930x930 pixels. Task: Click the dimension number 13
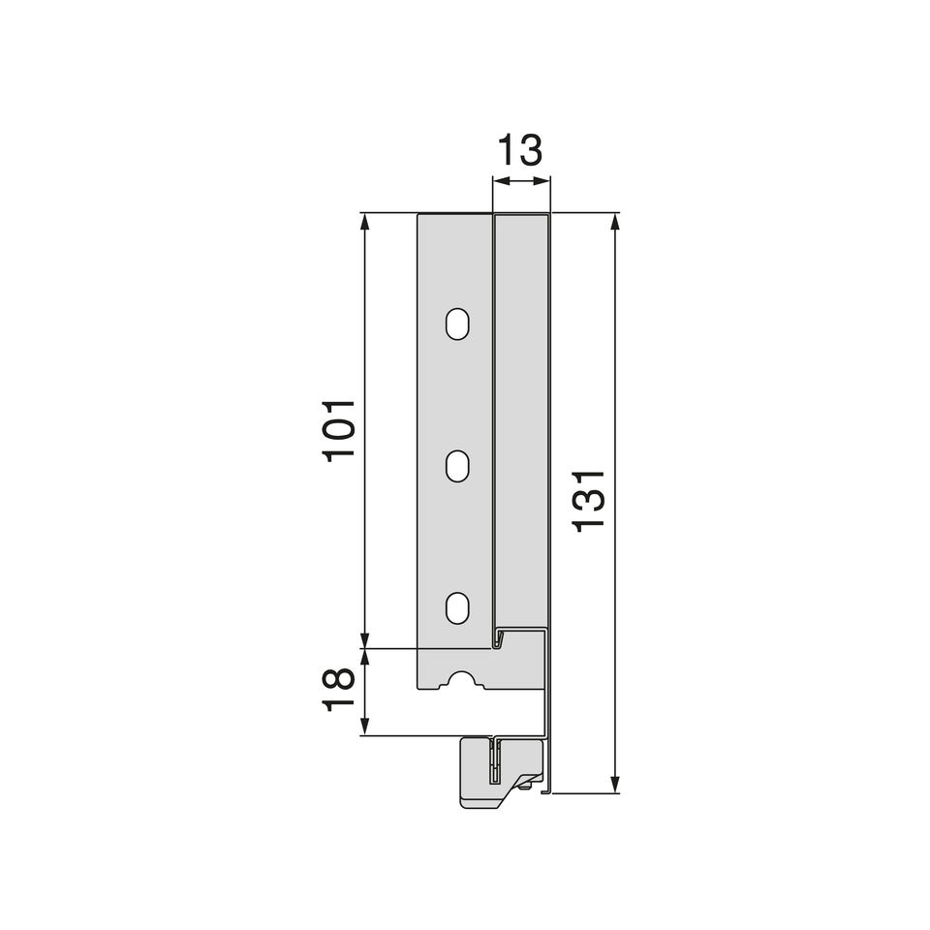coord(519,150)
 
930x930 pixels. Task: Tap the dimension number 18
coord(339,691)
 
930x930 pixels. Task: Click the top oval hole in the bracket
coord(457,324)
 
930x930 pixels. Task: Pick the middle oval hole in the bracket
coord(457,466)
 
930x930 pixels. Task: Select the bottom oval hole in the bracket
coord(457,608)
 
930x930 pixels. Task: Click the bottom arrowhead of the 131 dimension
coord(615,784)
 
